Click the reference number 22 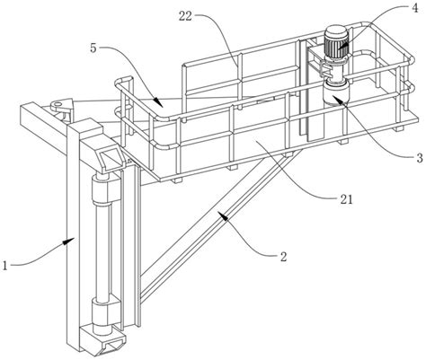(x=185, y=16)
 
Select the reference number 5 (x=93, y=48)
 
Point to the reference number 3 (x=420, y=157)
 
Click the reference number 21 (x=346, y=199)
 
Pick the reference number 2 (x=283, y=257)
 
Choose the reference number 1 (x=5, y=265)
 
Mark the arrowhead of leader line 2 (x=223, y=216)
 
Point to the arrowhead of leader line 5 (x=158, y=101)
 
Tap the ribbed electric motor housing (x=336, y=47)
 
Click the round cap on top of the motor (x=336, y=31)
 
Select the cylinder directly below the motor (x=333, y=93)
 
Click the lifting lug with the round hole (x=61, y=107)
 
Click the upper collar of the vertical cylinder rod (x=101, y=190)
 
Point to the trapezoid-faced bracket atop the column (x=110, y=156)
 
